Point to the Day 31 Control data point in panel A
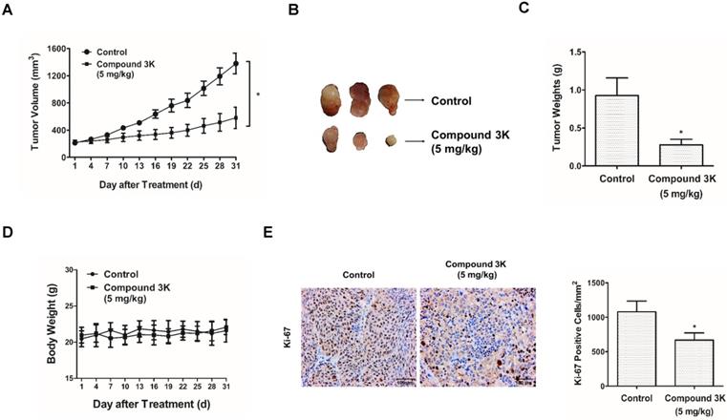(235, 63)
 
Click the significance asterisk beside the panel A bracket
(259, 95)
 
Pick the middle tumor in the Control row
(360, 101)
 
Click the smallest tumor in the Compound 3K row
(390, 141)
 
